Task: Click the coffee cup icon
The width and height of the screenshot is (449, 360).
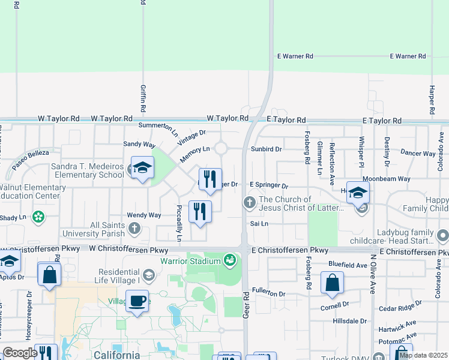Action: click(x=137, y=300)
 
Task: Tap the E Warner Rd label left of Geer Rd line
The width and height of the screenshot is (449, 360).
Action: click(x=295, y=56)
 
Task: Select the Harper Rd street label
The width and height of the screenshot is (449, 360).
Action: click(x=431, y=100)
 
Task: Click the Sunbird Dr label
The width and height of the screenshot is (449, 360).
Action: click(x=267, y=148)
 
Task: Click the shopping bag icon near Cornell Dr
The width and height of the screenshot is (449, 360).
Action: click(x=331, y=283)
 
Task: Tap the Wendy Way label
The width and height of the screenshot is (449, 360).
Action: click(x=143, y=215)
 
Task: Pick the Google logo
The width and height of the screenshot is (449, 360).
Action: click(x=20, y=353)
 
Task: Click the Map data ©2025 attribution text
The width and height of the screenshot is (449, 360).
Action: click(x=423, y=355)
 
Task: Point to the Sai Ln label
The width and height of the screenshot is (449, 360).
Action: click(x=259, y=223)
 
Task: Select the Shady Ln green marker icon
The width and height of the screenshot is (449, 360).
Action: click(x=39, y=217)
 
